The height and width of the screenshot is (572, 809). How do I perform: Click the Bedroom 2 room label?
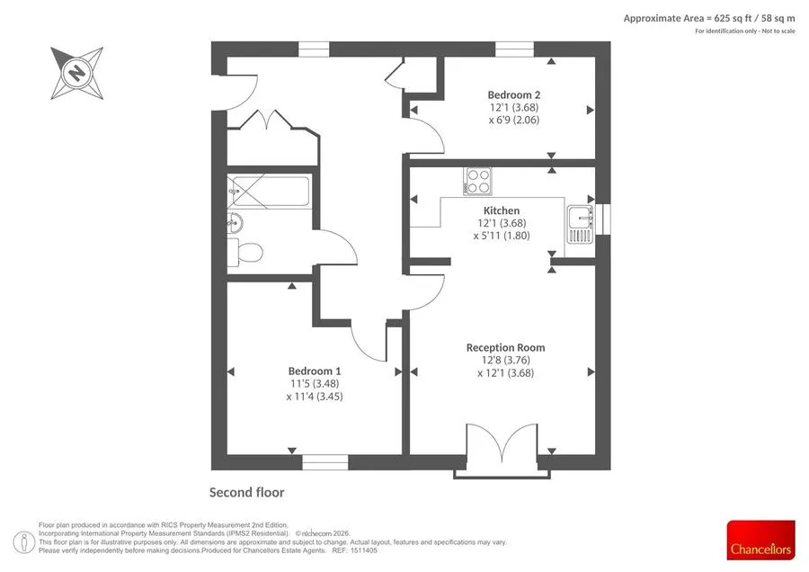(x=514, y=95)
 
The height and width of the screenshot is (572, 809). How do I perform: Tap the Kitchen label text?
(x=502, y=210)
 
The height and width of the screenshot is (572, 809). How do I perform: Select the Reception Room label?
(x=505, y=348)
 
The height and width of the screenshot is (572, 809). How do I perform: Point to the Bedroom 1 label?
(x=315, y=371)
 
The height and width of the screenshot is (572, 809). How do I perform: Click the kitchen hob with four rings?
(x=477, y=181)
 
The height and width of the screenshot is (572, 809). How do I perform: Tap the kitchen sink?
(x=581, y=224)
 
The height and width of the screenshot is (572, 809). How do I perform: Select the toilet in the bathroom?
(x=245, y=253)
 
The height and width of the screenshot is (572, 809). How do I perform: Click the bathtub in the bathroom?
(x=269, y=192)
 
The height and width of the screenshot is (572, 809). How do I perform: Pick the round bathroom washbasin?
(x=235, y=223)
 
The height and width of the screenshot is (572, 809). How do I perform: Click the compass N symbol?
(x=77, y=73)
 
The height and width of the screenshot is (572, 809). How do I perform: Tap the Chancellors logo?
(x=760, y=540)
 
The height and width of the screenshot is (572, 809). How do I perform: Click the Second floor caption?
(x=246, y=493)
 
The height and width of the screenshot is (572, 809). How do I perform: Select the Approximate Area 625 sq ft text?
(x=709, y=19)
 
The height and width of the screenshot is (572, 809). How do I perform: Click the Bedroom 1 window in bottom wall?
(x=325, y=462)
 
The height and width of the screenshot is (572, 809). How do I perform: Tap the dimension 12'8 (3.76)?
(x=505, y=361)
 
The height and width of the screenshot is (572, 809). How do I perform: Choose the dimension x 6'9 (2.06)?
(x=514, y=121)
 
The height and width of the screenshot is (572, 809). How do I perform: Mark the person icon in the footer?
(x=23, y=542)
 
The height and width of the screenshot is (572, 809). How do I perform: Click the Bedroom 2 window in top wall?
(x=514, y=49)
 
